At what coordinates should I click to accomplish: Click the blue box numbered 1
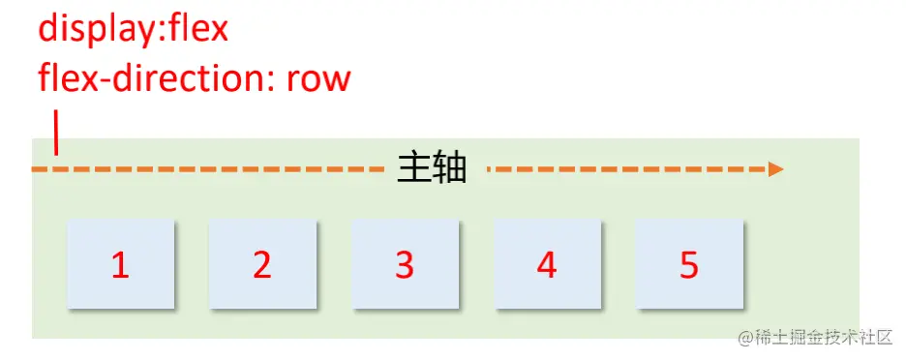[121, 264]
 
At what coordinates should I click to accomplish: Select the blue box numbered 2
[262, 264]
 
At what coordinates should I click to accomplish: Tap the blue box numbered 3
[405, 264]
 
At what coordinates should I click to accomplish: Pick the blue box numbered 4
[548, 264]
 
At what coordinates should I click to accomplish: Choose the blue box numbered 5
[689, 264]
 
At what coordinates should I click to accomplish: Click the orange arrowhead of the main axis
[775, 169]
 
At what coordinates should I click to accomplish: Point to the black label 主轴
[433, 168]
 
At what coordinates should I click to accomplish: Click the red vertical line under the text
[56, 134]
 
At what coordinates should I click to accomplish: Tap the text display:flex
[133, 28]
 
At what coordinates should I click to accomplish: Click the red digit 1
[120, 265]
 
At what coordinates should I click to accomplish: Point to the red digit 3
[405, 265]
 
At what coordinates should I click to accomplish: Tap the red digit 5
[689, 265]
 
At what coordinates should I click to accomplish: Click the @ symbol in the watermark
[745, 338]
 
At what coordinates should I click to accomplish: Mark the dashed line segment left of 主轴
[208, 169]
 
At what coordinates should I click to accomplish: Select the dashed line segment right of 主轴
[629, 169]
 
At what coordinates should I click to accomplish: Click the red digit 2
[262, 265]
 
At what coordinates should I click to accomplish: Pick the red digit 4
[548, 265]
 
